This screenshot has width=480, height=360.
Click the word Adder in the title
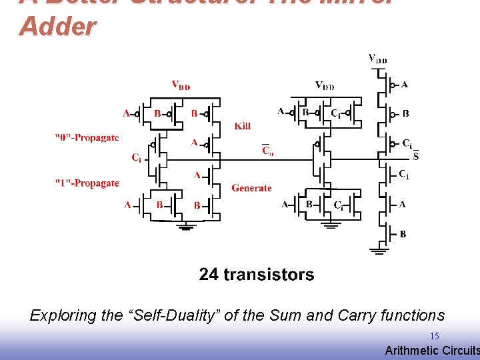[x=58, y=27]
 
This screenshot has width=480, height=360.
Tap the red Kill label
[x=243, y=126]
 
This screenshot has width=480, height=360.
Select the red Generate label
[x=251, y=188]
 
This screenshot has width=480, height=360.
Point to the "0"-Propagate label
[x=87, y=138]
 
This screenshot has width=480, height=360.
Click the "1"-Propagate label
[x=87, y=183]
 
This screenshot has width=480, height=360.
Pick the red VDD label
[x=181, y=85]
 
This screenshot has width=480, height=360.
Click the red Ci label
[x=136, y=158]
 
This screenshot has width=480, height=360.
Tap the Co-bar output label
[x=267, y=151]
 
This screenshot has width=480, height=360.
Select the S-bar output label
[x=416, y=157]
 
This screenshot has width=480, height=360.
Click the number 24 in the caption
[x=209, y=275]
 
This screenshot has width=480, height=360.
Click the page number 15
[x=434, y=336]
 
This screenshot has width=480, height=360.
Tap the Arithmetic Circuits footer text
[x=432, y=351]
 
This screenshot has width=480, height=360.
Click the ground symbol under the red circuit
[x=186, y=228]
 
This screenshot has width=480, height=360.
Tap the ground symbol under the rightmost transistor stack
[x=380, y=251]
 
